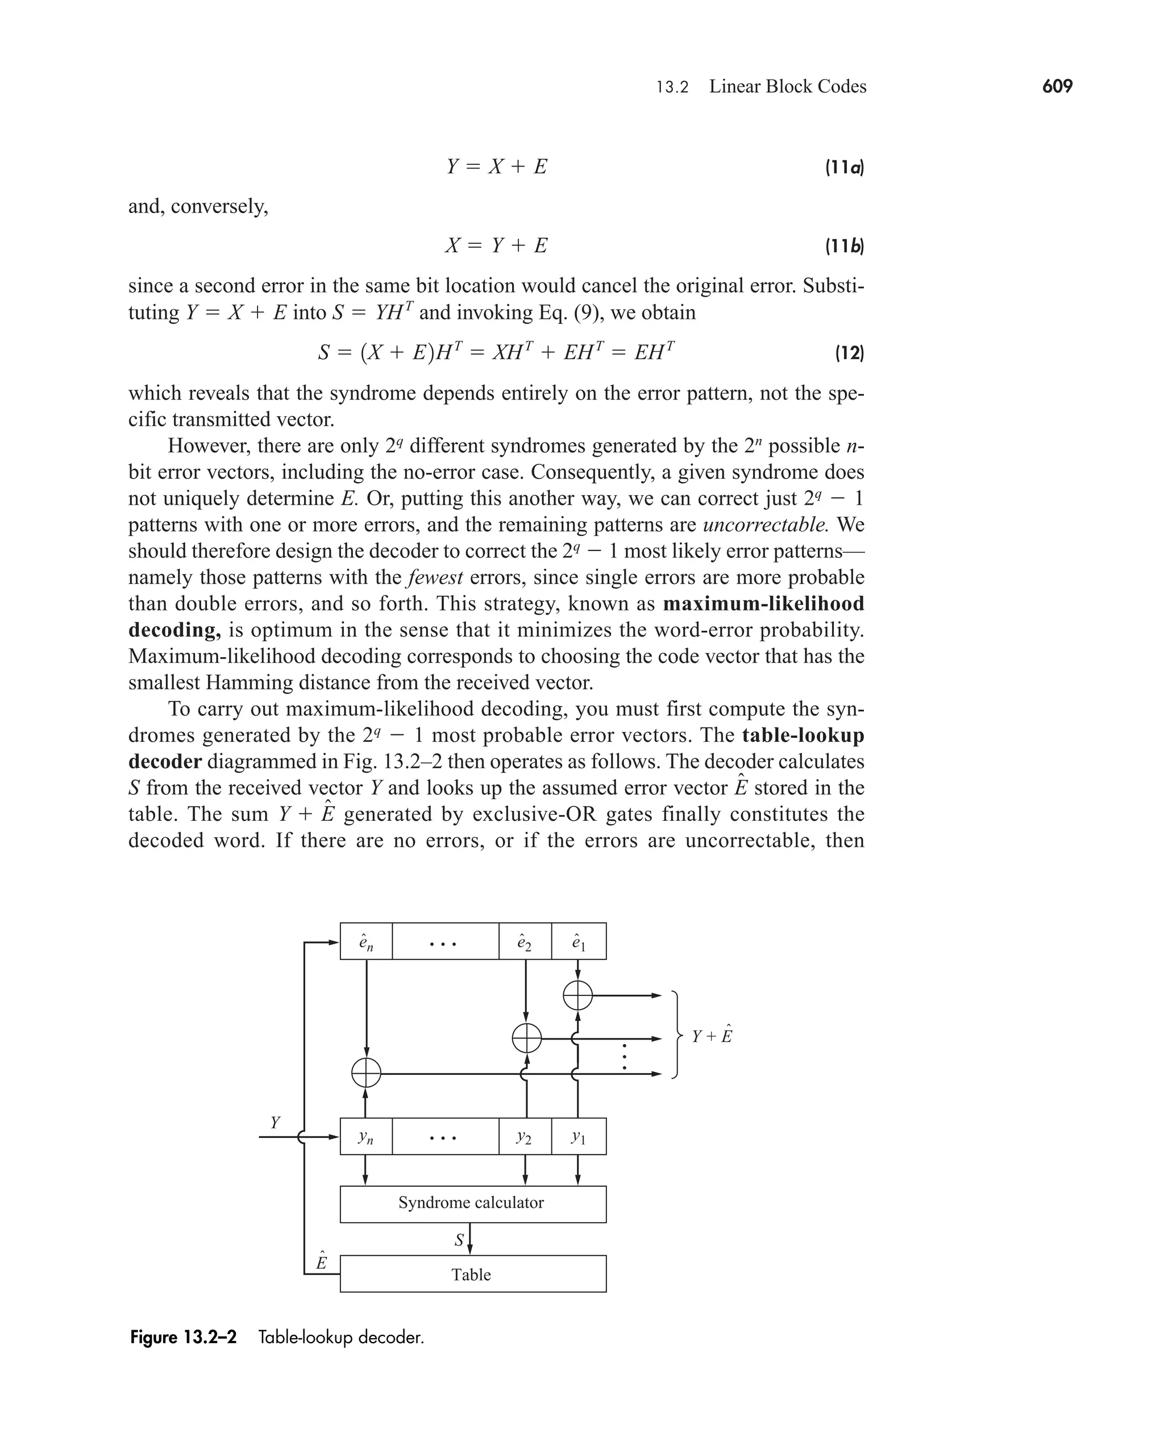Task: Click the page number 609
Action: [1057, 86]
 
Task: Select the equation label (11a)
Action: [844, 167]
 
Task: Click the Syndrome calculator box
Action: [473, 1202]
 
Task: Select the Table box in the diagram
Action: [473, 1274]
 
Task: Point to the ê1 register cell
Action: [579, 941]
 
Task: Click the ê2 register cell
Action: [525, 941]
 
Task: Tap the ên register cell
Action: [366, 941]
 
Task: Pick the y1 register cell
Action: [579, 1136]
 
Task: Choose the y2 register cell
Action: [525, 1136]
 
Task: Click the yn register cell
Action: [366, 1136]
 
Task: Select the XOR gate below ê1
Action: [578, 995]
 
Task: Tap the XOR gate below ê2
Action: [526, 1039]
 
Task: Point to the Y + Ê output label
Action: [712, 1036]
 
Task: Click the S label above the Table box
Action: [459, 1240]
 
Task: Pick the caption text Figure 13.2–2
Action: [183, 1337]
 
